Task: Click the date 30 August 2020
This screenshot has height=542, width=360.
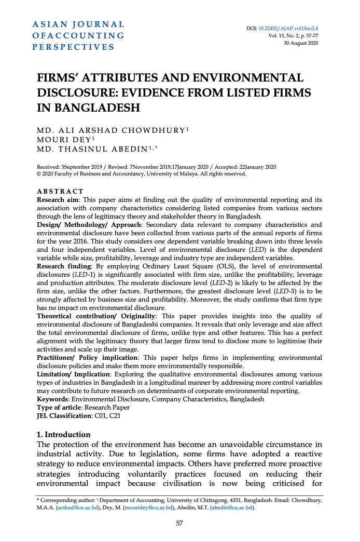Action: pos(301,43)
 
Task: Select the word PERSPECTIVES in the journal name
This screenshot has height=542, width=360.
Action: pos(73,47)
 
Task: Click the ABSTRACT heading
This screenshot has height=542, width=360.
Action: pos(60,192)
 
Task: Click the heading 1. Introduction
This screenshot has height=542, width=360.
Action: pos(64,435)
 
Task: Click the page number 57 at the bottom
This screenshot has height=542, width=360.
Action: pos(179,523)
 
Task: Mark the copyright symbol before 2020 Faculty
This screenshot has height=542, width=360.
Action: pos(39,173)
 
